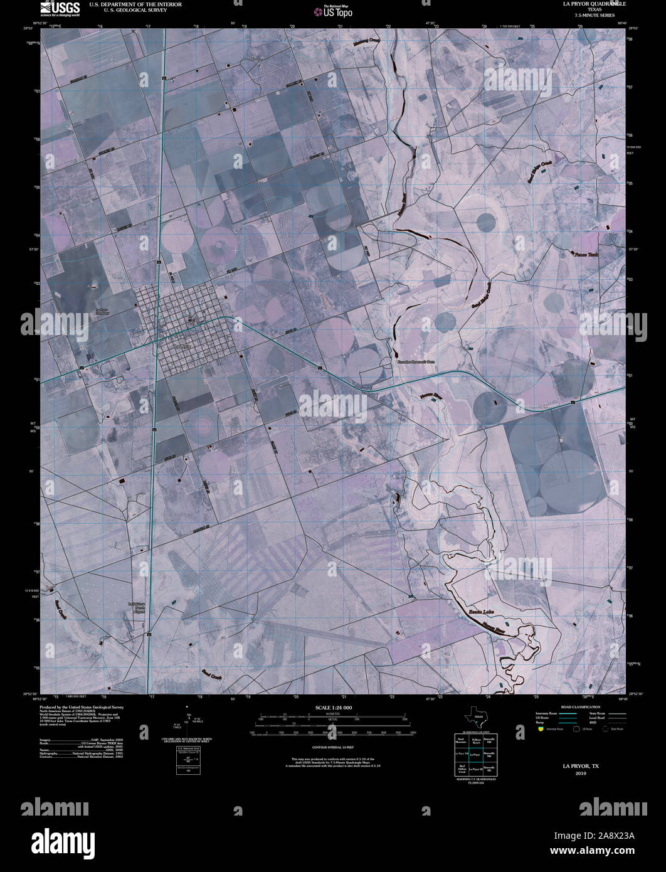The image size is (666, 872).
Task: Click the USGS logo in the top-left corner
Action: (x=60, y=8)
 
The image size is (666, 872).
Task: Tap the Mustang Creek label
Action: (x=367, y=41)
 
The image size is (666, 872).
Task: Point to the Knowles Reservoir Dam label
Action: (x=412, y=363)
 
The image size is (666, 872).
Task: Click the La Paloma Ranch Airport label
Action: (x=137, y=608)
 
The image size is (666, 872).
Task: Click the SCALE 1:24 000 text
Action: (x=332, y=708)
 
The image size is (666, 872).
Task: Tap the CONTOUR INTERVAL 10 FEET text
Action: (x=332, y=748)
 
